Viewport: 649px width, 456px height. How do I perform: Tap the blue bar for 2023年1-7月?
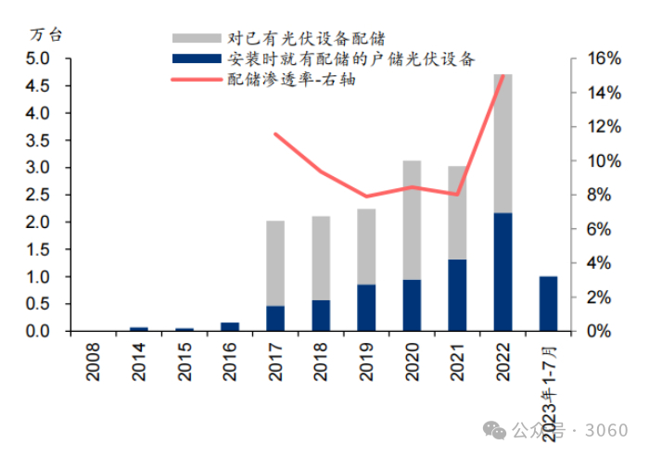(548, 303)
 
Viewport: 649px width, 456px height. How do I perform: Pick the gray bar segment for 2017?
(275, 263)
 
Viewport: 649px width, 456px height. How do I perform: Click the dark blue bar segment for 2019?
(366, 307)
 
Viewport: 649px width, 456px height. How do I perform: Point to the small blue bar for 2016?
(230, 326)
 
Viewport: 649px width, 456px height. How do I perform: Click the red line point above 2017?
(275, 134)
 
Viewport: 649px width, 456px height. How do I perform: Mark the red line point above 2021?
(457, 195)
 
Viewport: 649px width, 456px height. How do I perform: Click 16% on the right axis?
(596, 58)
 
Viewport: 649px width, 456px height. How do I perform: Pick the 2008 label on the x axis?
(94, 361)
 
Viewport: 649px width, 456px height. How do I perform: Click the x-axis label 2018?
(322, 361)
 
